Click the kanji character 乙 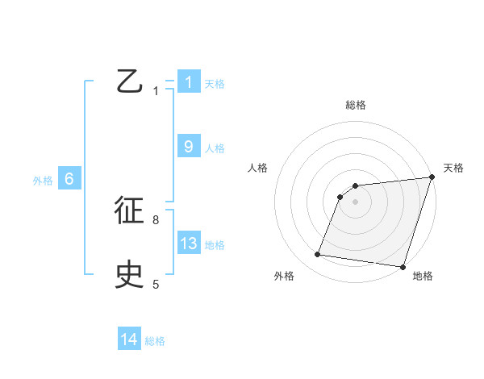[x=130, y=81]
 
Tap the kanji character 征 [x=130, y=210]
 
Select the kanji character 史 [x=130, y=275]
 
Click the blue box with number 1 [x=189, y=82]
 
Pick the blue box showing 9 [x=189, y=147]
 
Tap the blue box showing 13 [x=189, y=244]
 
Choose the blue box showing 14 [x=129, y=340]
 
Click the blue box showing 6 [x=69, y=180]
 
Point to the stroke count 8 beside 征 [x=156, y=219]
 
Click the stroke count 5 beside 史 [x=156, y=284]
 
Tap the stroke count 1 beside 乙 [x=156, y=91]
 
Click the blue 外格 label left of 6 [x=43, y=181]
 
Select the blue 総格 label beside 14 [x=155, y=341]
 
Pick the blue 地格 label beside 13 [x=215, y=245]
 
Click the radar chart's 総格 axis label [x=356, y=105]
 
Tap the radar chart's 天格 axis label [x=453, y=168]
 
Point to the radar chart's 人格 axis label [x=257, y=168]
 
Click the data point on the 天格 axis [x=432, y=177]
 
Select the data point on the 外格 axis [x=318, y=255]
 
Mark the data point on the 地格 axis [x=402, y=266]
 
